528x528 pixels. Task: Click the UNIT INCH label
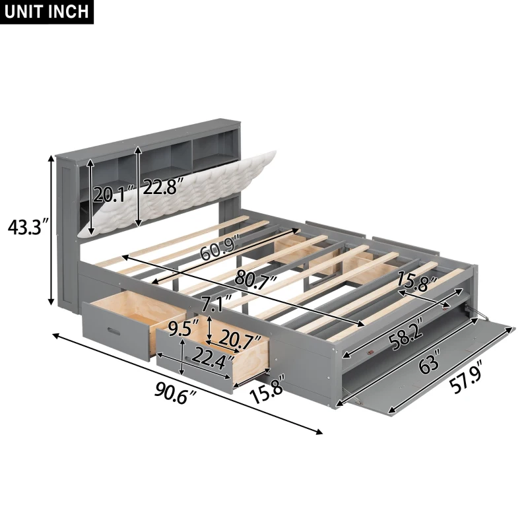(x=48, y=11)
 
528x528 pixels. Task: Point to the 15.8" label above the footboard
(x=418, y=283)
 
